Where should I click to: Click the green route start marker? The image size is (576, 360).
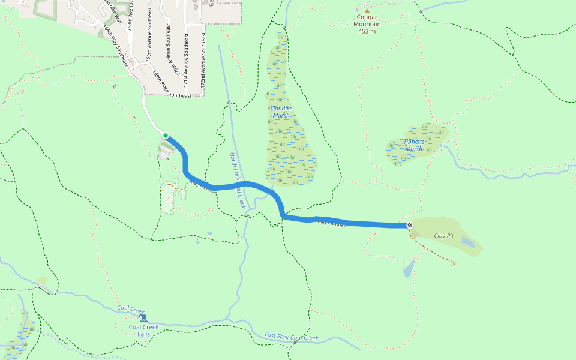point(166,136)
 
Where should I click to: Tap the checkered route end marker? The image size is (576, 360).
point(410,225)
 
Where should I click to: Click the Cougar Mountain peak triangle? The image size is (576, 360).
point(367,10)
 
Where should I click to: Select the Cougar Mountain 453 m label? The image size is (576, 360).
point(368,25)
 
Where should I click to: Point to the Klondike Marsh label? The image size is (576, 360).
point(280,112)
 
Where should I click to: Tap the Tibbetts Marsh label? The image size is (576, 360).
point(414,146)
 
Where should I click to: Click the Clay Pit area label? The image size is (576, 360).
point(444,236)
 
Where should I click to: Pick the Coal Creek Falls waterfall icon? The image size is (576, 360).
point(143,317)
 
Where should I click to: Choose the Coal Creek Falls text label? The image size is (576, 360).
point(144,331)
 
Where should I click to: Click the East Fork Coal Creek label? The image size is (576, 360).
point(292,337)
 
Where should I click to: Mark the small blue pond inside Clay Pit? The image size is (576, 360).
point(469,244)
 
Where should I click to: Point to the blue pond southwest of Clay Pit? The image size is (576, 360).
point(409,269)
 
